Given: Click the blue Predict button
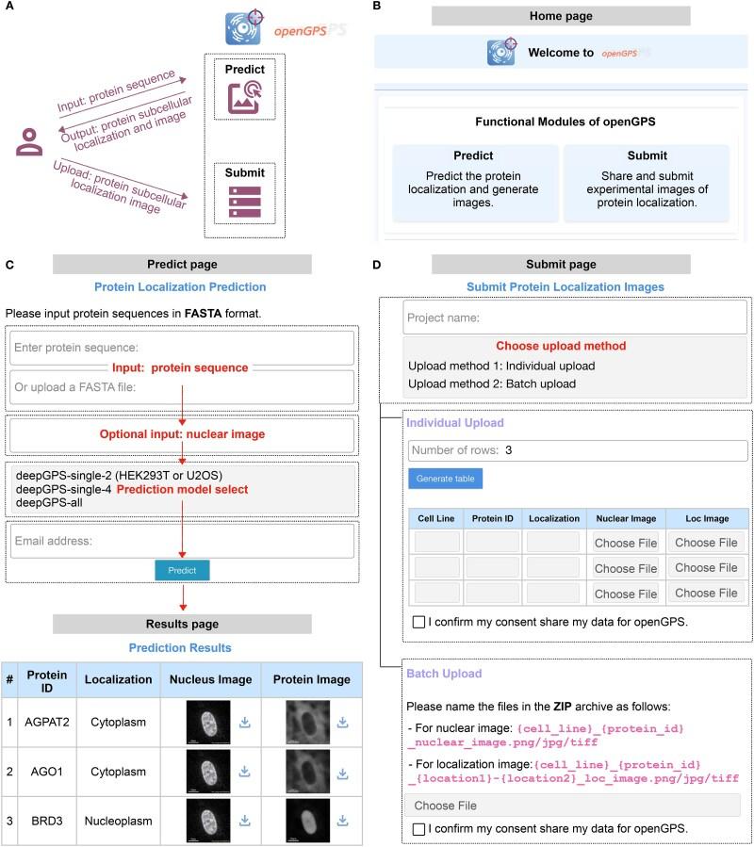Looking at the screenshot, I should [x=182, y=570].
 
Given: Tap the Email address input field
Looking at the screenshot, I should [x=183, y=541].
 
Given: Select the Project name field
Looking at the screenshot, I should [x=574, y=318].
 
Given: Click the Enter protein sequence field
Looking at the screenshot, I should [x=183, y=348].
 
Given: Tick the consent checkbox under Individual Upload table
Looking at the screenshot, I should [x=418, y=622].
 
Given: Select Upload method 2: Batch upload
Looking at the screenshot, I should [x=491, y=383].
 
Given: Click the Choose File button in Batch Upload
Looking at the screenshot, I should [x=573, y=806].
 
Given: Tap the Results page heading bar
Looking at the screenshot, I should [x=182, y=624].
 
